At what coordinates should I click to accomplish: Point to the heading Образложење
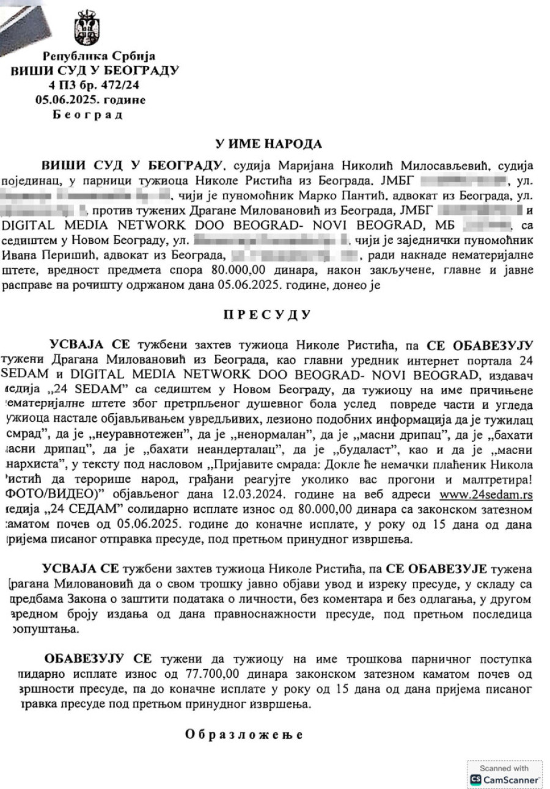coord(244,734)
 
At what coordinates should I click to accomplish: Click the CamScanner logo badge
coord(504,775)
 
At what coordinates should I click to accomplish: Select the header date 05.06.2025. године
coord(90,99)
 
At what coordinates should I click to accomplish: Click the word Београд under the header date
coord(89,114)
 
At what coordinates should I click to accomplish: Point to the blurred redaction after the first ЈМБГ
coord(464,180)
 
